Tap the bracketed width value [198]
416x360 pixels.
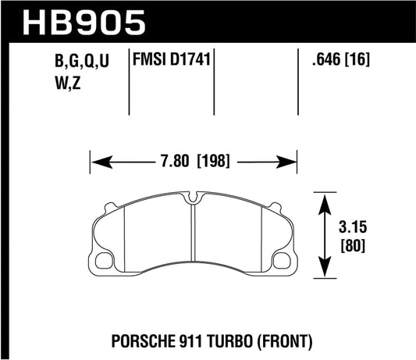(219, 163)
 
